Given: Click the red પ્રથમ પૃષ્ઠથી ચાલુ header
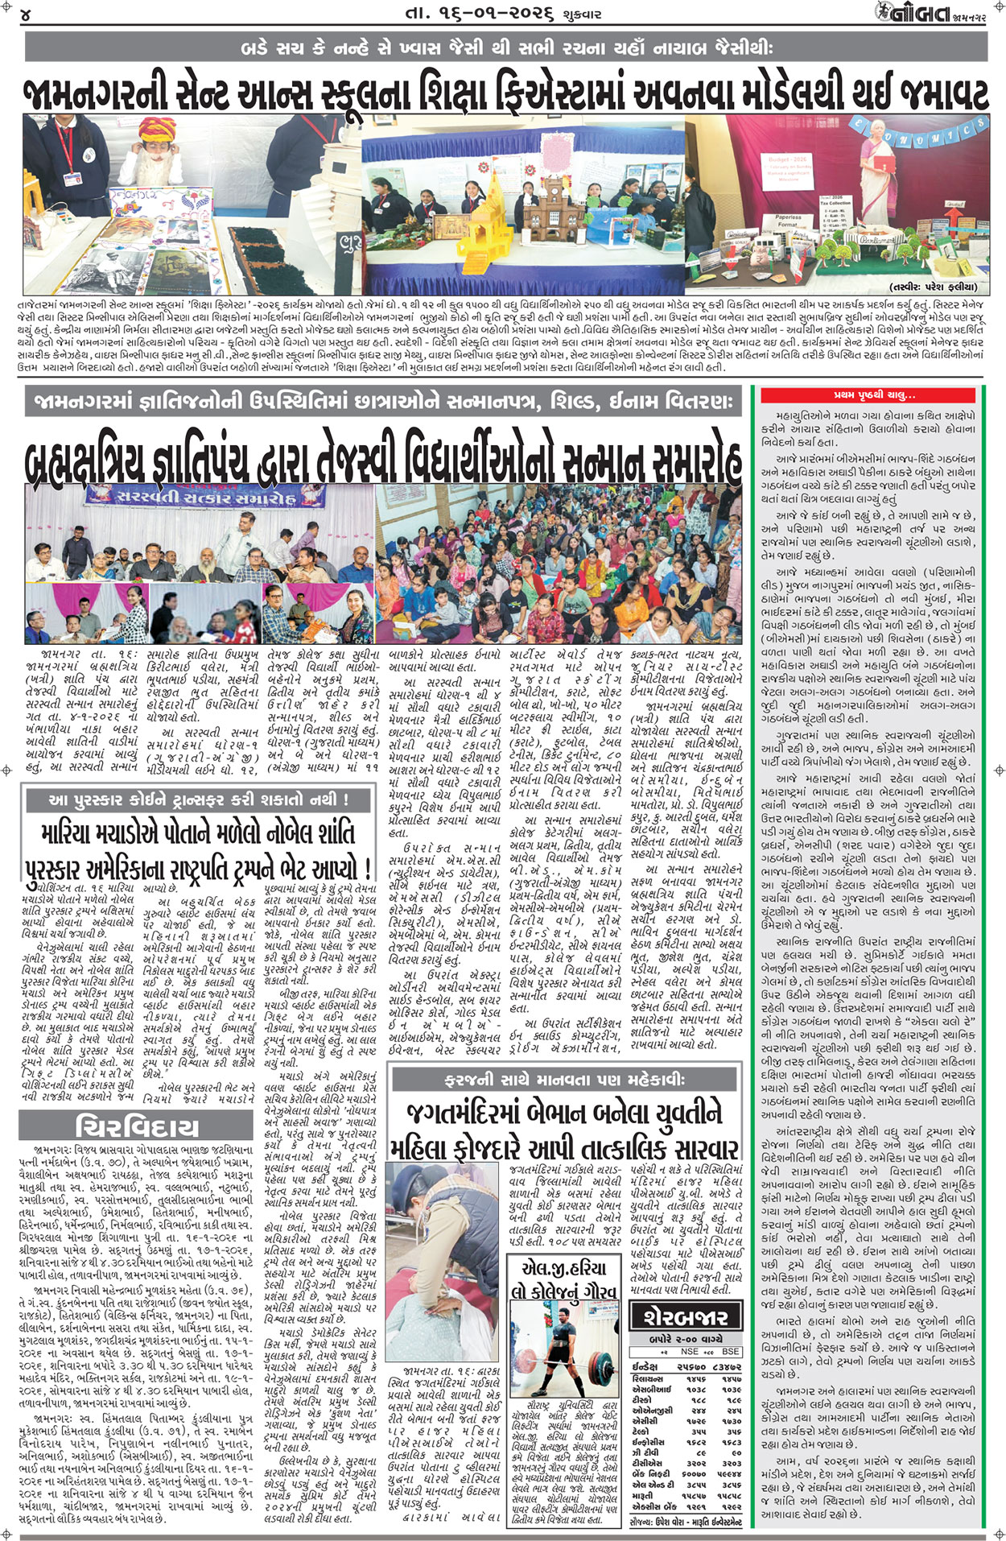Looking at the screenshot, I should tap(873, 395).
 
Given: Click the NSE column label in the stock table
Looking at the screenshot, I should tap(689, 1352).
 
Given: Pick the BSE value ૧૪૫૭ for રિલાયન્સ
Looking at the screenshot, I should tap(731, 1378).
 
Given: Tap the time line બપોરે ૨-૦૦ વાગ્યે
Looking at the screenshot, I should tap(685, 1338).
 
